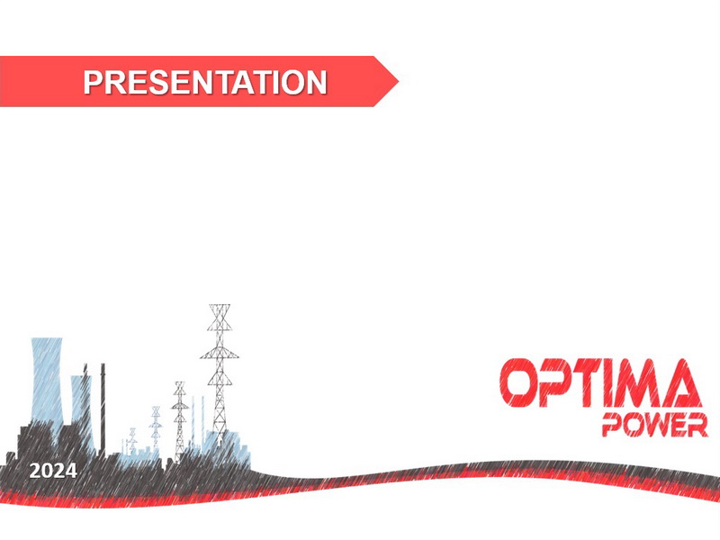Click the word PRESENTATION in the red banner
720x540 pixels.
[205, 82]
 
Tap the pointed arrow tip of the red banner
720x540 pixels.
[398, 82]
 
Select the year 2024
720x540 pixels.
[53, 471]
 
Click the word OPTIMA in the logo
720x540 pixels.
[600, 383]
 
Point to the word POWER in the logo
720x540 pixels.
[655, 425]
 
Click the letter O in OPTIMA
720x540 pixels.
[518, 383]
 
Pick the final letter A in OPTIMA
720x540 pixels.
[679, 383]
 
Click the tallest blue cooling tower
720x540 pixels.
[47, 381]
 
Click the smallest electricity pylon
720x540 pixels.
[132, 441]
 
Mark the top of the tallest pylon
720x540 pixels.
[220, 305]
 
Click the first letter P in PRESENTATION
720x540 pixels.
[93, 82]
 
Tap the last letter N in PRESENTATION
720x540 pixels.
[316, 82]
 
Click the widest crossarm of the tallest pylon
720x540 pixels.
[220, 356]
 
